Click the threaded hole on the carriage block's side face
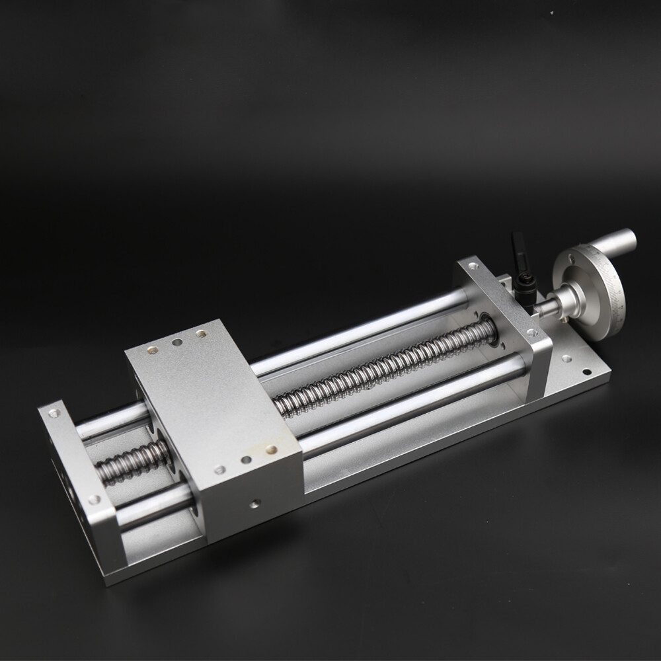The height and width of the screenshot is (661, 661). click(x=254, y=504)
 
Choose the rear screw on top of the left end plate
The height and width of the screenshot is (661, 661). click(x=54, y=414)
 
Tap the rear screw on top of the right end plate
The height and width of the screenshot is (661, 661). click(x=473, y=266)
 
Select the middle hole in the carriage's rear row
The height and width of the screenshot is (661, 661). click(x=177, y=343)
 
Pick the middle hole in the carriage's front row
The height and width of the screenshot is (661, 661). click(x=246, y=459)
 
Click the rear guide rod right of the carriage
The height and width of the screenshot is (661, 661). click(x=357, y=330)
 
